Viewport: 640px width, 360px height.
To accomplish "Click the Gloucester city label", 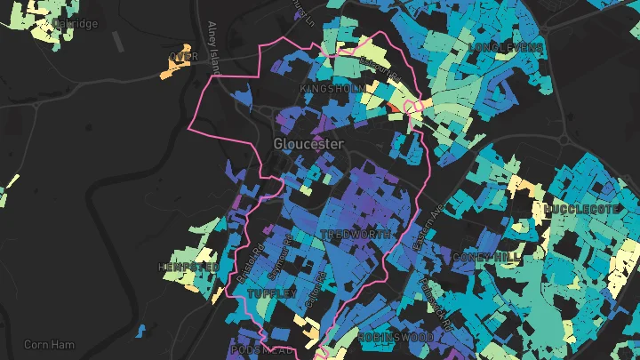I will point(308,143).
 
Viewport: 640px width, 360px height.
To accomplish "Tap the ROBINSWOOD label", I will point(396,338).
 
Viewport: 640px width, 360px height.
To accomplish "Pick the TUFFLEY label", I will point(271,293).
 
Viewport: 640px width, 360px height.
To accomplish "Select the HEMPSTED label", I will point(188,267).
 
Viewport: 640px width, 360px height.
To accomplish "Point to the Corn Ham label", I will point(50,345).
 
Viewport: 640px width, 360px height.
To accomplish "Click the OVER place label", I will point(182,57).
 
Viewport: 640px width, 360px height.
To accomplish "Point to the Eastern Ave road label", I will point(424,228).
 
